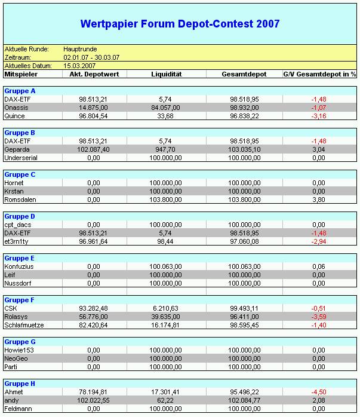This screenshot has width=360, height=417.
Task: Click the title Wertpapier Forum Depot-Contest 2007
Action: click(180, 24)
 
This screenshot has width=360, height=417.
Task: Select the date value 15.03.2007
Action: click(81, 65)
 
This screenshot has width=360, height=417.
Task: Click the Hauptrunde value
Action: click(81, 49)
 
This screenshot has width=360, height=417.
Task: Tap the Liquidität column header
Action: click(165, 74)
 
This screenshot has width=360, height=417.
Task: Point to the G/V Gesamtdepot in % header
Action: click(319, 74)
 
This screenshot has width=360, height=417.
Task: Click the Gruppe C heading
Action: click(20, 174)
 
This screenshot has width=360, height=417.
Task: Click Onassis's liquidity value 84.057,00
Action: click(165, 108)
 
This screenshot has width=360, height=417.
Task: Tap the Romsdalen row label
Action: click(21, 200)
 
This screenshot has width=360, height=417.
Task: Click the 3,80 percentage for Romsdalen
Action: click(318, 200)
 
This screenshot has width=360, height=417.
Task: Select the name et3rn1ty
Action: click(17, 241)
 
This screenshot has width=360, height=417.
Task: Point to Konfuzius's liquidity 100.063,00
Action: click(165, 266)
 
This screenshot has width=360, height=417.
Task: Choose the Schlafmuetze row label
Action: click(24, 325)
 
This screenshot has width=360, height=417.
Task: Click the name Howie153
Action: click(19, 350)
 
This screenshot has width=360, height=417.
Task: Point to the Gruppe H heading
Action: click(20, 384)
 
